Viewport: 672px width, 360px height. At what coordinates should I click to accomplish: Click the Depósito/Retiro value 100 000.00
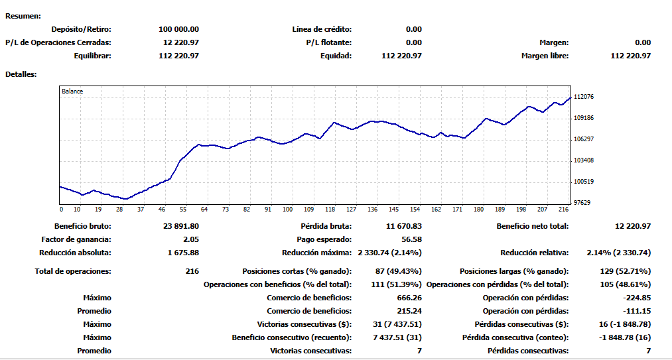tap(179, 29)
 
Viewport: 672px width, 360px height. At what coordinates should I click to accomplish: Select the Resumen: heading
tap(23, 15)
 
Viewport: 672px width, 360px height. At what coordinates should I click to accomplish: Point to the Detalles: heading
tap(21, 74)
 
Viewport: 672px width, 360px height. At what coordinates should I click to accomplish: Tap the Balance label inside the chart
tap(72, 91)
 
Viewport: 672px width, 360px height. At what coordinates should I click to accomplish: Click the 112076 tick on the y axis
tap(584, 97)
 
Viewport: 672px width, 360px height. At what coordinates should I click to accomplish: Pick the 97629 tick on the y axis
tap(582, 203)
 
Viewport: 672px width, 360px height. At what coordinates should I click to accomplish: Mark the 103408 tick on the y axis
tap(584, 160)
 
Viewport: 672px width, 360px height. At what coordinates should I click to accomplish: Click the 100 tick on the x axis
tap(287, 210)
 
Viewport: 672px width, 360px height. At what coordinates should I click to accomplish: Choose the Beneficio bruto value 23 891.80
tap(180, 226)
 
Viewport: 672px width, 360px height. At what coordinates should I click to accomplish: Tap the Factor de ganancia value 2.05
tap(189, 239)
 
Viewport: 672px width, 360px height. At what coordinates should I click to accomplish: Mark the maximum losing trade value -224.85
tap(638, 298)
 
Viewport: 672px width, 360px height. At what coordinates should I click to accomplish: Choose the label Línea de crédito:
tap(322, 29)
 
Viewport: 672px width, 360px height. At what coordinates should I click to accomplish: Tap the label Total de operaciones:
tap(73, 271)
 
